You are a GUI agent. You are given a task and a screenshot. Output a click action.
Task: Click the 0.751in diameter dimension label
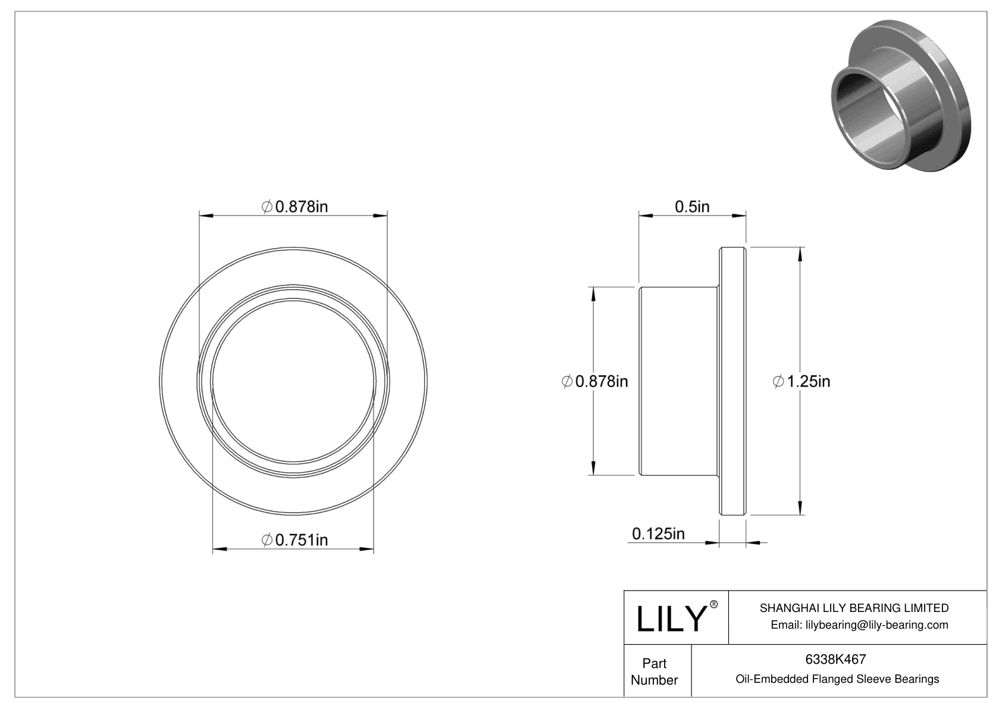(295, 540)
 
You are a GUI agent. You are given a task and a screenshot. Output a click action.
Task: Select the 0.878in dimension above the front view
(295, 207)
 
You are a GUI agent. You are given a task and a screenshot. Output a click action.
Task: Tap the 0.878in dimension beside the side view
(595, 381)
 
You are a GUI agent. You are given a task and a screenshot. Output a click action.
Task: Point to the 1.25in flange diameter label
(801, 381)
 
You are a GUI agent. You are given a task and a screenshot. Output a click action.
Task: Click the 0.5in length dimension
(692, 207)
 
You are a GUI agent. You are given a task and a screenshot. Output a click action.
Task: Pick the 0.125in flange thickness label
(658, 533)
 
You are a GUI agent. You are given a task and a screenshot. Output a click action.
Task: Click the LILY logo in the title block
(671, 619)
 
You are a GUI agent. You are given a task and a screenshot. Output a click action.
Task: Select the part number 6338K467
(835, 659)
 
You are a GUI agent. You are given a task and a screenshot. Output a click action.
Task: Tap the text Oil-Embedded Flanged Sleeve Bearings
(837, 679)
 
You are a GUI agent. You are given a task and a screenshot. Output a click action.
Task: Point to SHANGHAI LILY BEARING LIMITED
(854, 608)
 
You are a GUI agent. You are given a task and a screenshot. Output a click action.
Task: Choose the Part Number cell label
(655, 671)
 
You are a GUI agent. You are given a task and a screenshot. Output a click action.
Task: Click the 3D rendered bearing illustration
(898, 95)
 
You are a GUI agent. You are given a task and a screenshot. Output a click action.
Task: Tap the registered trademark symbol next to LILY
(714, 605)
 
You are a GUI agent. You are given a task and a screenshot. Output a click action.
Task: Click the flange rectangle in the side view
(732, 381)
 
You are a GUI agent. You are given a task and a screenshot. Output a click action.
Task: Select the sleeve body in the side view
(678, 381)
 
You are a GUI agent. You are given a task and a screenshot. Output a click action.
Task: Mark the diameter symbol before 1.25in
(778, 381)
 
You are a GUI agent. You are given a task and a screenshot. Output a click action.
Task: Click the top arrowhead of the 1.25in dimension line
(800, 254)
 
